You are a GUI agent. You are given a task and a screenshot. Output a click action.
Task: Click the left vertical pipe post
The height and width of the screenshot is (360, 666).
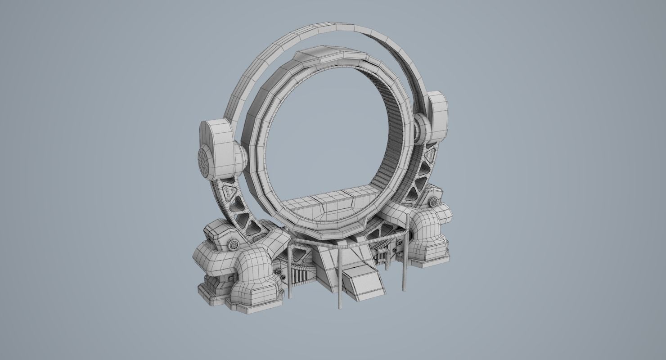[290, 274]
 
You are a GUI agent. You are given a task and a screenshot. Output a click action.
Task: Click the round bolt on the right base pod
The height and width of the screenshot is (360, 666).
[435, 201]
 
